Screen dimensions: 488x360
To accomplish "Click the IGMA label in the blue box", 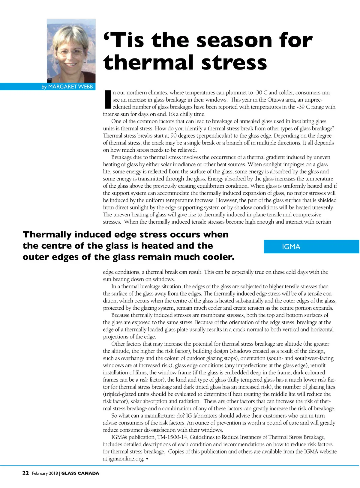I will tap(291, 247).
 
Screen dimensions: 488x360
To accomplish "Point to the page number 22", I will tap(25, 473).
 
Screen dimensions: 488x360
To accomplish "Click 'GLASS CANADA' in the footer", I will tap(80, 473).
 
